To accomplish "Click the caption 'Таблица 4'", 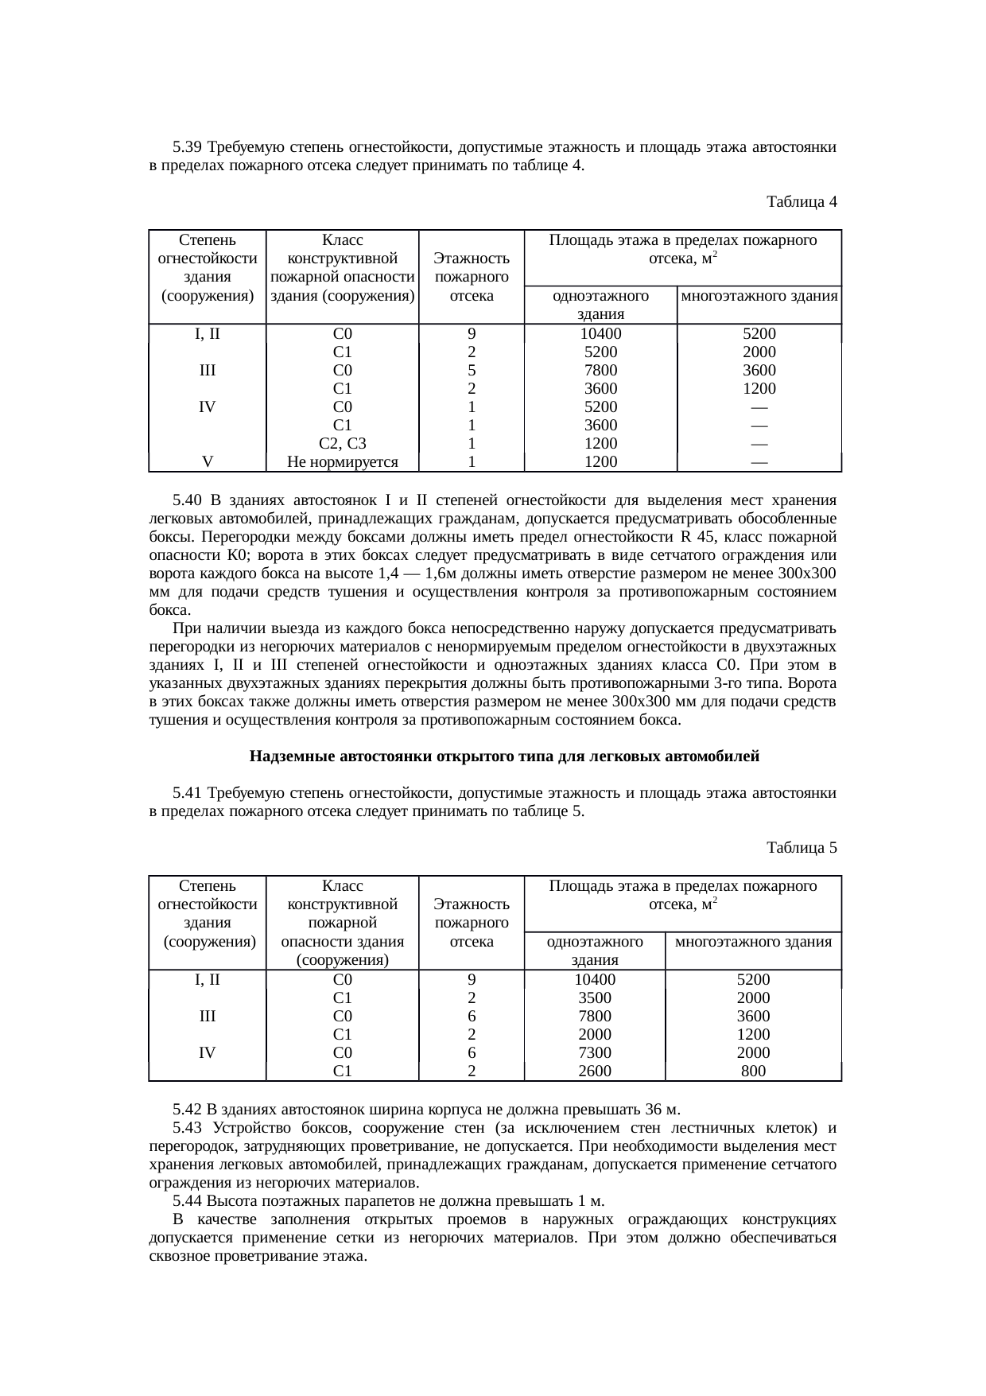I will tap(801, 202).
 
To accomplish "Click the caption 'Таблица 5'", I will tap(801, 848).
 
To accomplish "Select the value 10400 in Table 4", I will tap(600, 334).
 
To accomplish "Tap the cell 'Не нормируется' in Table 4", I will tap(342, 462).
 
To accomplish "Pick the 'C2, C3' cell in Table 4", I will tap(342, 444).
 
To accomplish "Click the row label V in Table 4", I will tap(207, 462).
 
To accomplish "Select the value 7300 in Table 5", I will tap(594, 1052).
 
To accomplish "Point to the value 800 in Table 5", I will tap(753, 1071).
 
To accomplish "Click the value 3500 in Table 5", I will tap(594, 998).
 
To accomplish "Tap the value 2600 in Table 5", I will tap(594, 1071).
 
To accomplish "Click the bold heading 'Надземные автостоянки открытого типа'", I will tap(504, 756).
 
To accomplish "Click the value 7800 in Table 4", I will tap(600, 371).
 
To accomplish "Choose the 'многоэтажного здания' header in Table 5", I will tap(753, 942).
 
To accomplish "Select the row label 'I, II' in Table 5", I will tap(207, 980).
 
